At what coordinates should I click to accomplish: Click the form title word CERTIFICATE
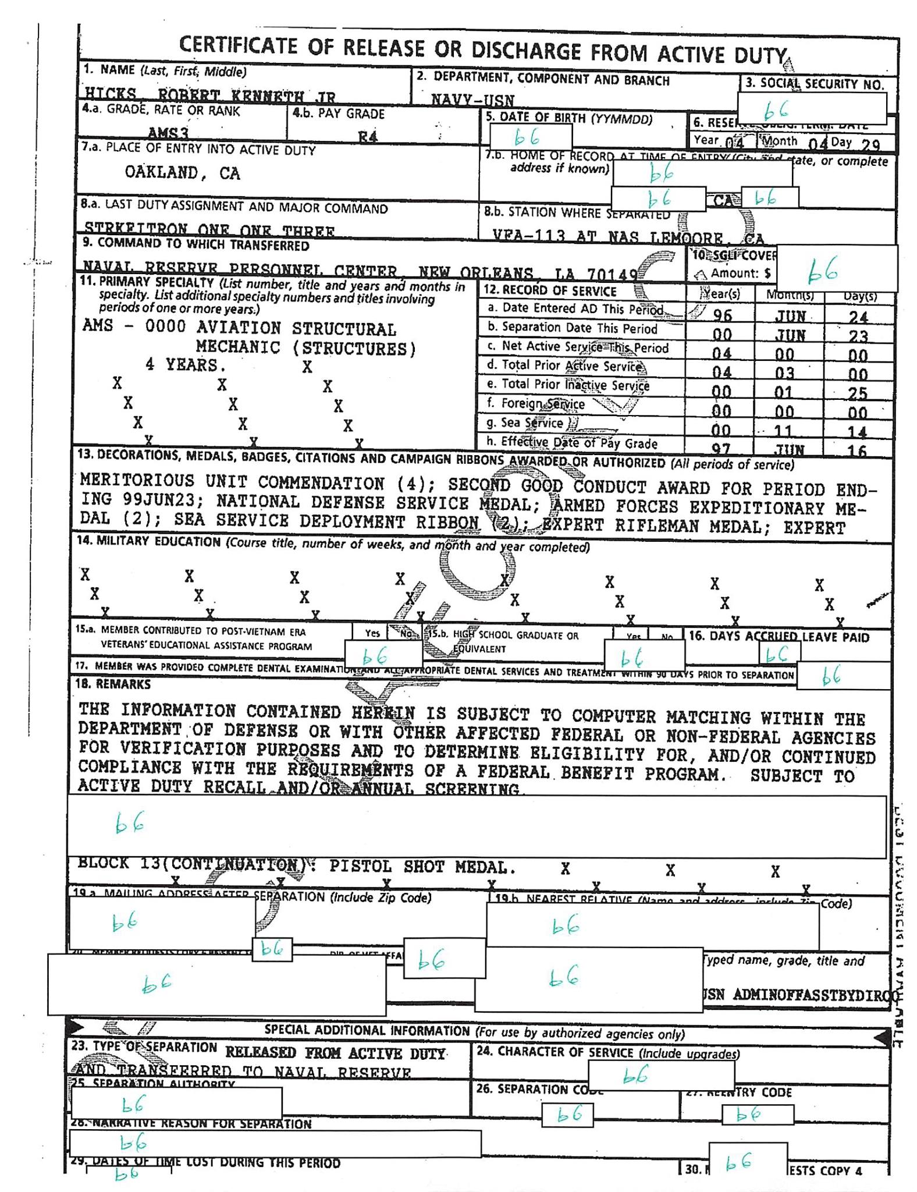(x=238, y=45)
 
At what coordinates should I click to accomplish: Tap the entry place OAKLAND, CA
(x=182, y=172)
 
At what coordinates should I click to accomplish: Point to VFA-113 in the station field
(x=528, y=235)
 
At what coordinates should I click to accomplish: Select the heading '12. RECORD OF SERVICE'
(x=550, y=290)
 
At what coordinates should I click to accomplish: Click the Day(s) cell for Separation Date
(x=858, y=336)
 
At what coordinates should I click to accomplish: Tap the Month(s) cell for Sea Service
(x=784, y=431)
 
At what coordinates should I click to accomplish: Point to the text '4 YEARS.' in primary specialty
(x=185, y=365)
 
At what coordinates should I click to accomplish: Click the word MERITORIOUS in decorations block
(x=137, y=481)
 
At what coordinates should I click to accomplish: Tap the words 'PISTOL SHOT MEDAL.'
(x=422, y=867)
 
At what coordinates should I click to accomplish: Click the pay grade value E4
(x=368, y=137)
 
